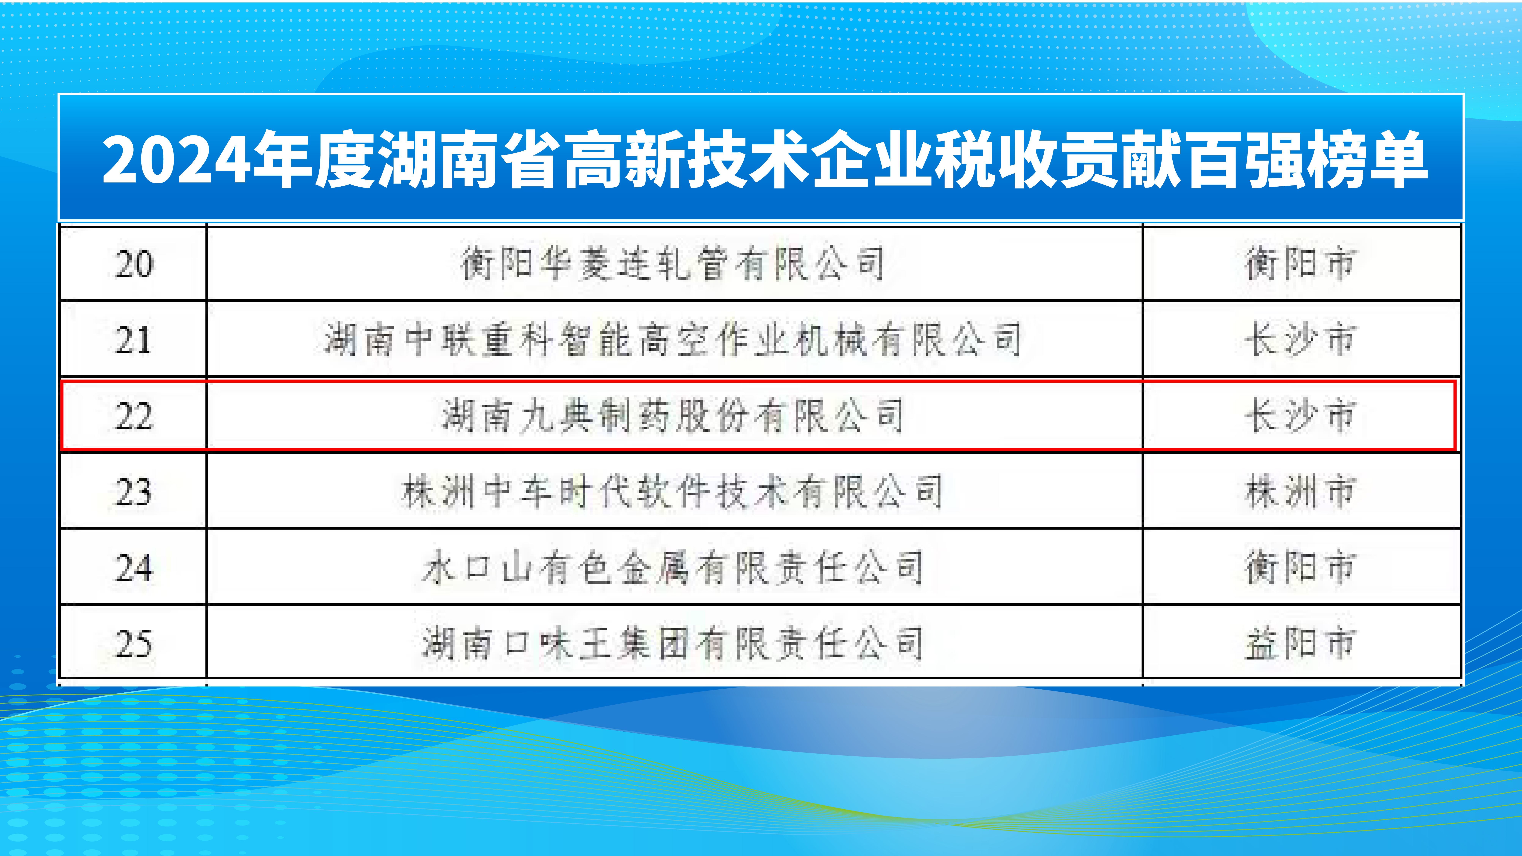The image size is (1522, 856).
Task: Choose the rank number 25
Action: [134, 644]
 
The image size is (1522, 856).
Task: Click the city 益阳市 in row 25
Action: [1300, 644]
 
